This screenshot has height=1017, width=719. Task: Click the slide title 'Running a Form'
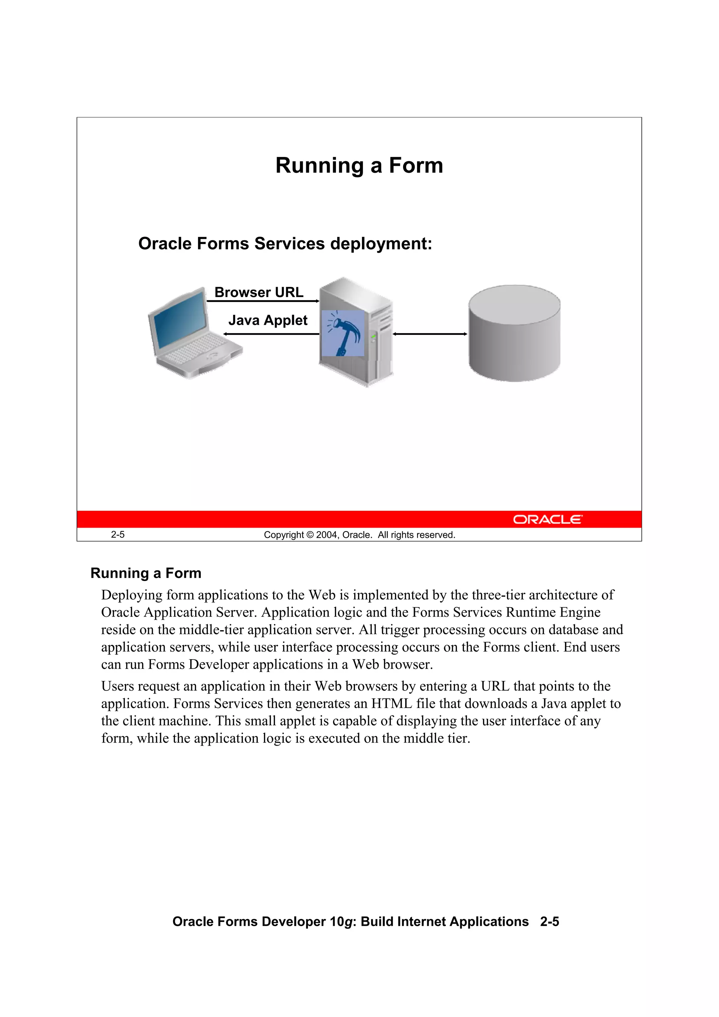click(x=359, y=166)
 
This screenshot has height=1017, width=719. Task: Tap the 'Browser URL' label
click(x=259, y=292)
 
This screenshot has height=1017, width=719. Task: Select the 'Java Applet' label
click(x=268, y=320)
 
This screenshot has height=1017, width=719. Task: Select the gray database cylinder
click(x=514, y=333)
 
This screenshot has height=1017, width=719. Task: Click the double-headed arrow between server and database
click(x=430, y=334)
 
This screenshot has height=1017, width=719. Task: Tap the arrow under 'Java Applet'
click(x=271, y=334)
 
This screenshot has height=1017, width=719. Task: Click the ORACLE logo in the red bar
click(x=548, y=520)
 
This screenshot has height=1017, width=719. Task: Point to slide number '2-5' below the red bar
click(x=118, y=535)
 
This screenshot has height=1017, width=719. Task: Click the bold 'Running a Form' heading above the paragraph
click(x=146, y=573)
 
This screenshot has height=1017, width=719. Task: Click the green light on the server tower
click(x=374, y=337)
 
